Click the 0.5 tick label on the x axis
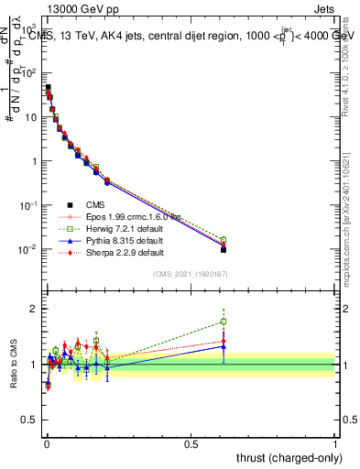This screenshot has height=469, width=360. (191, 443)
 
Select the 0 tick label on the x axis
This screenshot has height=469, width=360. (46, 443)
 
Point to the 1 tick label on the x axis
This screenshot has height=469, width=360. (335, 443)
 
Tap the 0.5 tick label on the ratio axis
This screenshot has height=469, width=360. (29, 420)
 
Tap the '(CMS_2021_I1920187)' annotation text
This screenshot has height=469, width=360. (191, 274)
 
